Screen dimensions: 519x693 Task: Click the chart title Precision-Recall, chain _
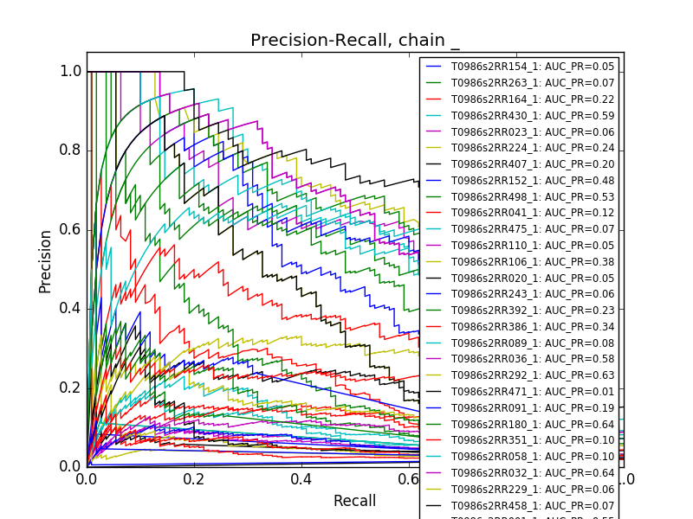point(355,41)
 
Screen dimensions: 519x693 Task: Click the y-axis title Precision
point(45,261)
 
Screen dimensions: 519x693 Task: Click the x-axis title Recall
point(354,501)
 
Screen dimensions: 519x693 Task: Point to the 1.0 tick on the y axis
point(71,72)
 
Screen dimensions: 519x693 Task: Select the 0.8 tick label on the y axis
point(71,151)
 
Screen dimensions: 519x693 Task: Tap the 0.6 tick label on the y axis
point(71,229)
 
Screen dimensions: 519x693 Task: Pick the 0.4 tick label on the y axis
point(71,309)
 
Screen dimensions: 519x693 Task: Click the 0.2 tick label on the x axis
point(194,478)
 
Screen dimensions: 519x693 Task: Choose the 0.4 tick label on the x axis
point(301,478)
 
